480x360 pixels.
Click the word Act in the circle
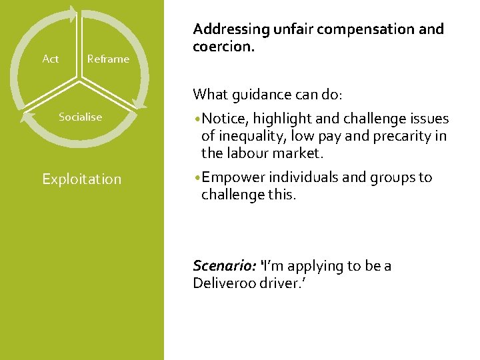click(x=50, y=59)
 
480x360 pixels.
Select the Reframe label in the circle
click(x=108, y=59)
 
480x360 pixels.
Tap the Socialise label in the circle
click(x=80, y=117)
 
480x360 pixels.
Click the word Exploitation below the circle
click(x=81, y=179)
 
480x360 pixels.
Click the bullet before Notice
click(x=197, y=119)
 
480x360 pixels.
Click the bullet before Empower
click(x=197, y=178)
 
